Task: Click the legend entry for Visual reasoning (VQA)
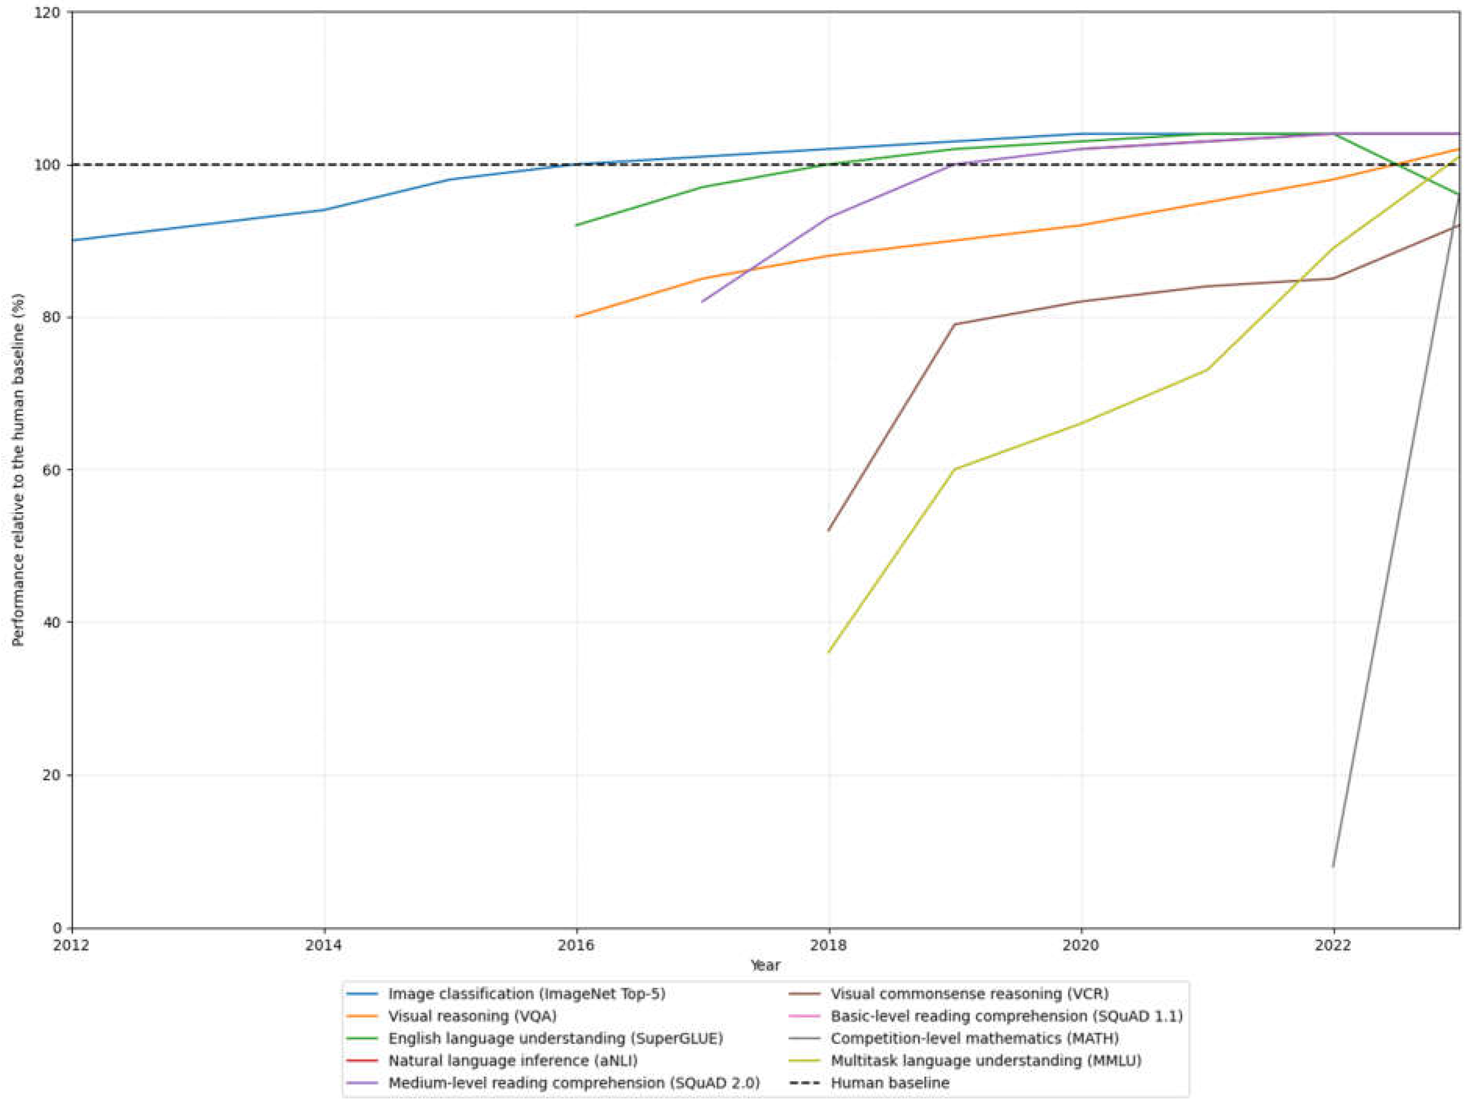(472, 1016)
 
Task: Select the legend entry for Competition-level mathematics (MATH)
(974, 1039)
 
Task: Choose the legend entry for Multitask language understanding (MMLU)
(986, 1060)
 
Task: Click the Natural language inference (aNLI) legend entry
(512, 1060)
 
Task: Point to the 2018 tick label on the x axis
(828, 945)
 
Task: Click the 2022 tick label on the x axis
(1333, 945)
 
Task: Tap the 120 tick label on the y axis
(46, 12)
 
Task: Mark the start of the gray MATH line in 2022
(1333, 866)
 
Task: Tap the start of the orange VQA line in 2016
(577, 317)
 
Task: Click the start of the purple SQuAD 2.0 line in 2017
(702, 302)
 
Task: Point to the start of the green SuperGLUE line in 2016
(577, 226)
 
